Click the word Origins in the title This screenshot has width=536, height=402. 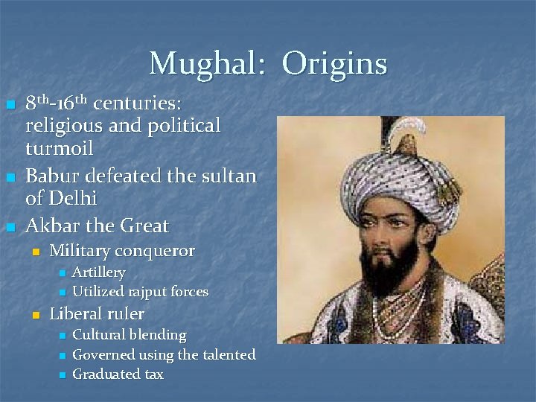[335, 64]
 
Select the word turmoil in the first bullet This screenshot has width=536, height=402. [60, 148]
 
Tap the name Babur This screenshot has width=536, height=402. [53, 176]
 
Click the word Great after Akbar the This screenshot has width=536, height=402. [141, 226]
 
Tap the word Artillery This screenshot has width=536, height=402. [98, 272]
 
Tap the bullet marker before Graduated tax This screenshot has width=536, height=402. [62, 375]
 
